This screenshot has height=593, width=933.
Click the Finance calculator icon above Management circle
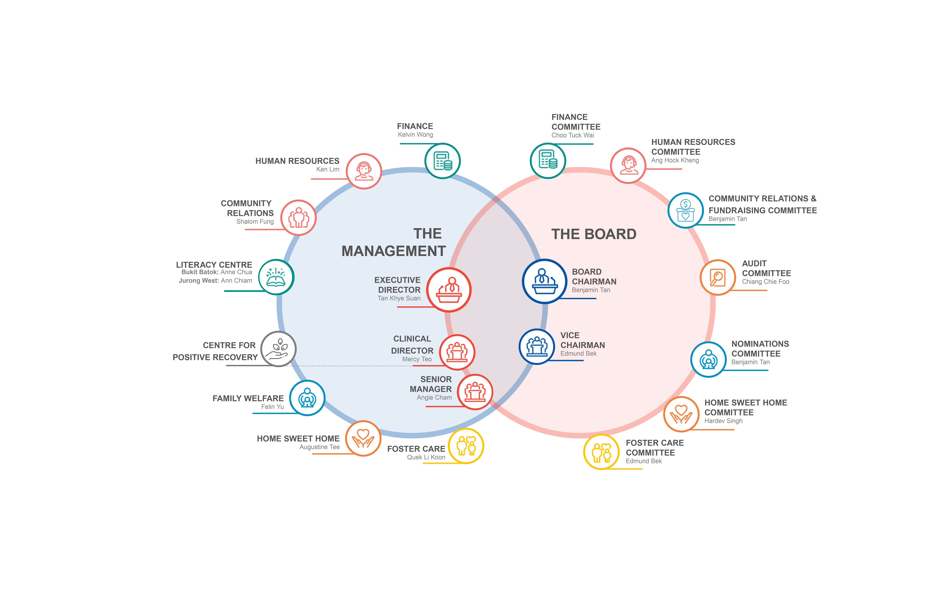tap(442, 161)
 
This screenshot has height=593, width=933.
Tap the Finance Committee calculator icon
tap(548, 161)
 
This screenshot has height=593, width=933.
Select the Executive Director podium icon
tap(449, 290)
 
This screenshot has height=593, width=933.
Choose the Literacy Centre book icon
tap(276, 277)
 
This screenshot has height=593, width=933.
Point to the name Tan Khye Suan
tap(399, 298)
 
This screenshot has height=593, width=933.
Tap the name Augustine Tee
tap(320, 447)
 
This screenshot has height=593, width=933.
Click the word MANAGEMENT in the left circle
tap(394, 251)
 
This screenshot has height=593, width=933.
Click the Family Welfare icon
tap(307, 398)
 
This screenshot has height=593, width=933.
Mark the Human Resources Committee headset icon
tap(628, 165)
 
